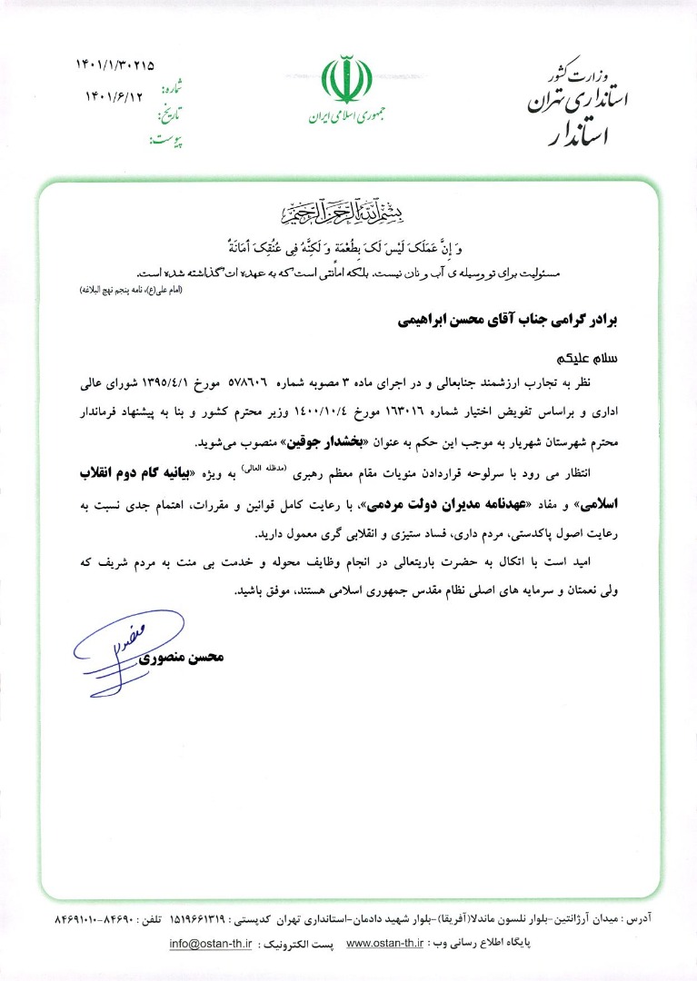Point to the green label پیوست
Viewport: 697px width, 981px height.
coord(165,141)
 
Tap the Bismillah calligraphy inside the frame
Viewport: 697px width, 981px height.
coord(348,214)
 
